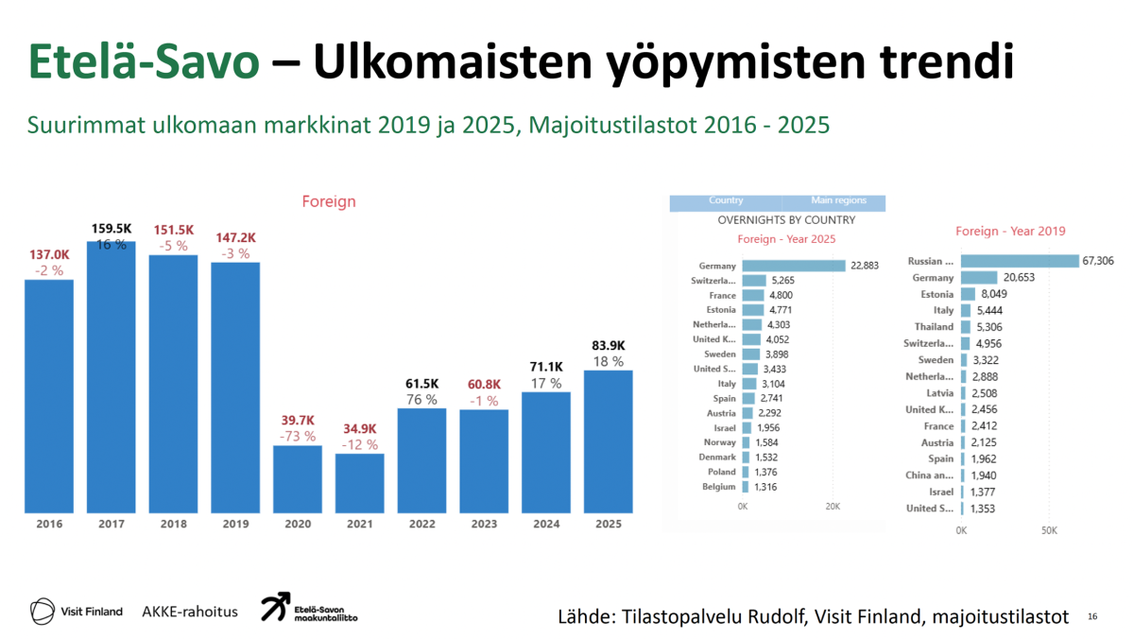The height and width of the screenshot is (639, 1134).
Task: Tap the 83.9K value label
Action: click(608, 345)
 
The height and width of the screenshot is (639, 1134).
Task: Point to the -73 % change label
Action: click(298, 436)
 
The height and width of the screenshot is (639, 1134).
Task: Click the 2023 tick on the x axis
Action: click(484, 524)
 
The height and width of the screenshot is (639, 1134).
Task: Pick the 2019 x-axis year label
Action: click(235, 524)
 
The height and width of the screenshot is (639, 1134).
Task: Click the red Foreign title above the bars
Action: click(329, 201)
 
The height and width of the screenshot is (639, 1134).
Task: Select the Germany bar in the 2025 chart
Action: click(794, 266)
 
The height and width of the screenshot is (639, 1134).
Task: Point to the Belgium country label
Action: click(719, 487)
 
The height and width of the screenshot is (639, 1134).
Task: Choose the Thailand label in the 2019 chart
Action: click(934, 327)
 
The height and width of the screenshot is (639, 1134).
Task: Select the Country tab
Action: click(726, 201)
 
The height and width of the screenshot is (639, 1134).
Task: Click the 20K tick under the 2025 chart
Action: click(833, 507)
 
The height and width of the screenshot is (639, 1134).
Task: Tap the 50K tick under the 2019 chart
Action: click(1049, 530)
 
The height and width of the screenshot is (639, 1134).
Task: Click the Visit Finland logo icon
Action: click(43, 611)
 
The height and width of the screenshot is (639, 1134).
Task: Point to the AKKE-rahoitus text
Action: click(190, 612)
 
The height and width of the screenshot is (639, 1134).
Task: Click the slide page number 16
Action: click(1092, 617)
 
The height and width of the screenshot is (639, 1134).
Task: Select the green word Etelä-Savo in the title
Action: click(144, 62)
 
